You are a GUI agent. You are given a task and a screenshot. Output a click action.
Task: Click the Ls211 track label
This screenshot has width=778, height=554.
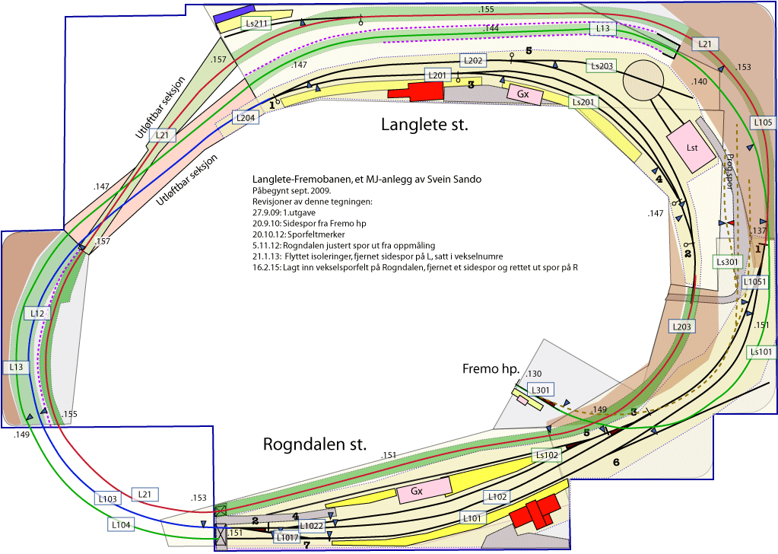256,24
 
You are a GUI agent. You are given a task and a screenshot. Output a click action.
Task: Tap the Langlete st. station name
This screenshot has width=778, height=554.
424,124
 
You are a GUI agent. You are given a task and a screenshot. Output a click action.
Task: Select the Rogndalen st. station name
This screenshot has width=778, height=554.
315,444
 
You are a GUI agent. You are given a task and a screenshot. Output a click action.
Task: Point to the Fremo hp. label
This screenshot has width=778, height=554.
491,369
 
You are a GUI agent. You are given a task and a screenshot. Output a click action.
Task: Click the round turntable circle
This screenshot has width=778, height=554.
644,77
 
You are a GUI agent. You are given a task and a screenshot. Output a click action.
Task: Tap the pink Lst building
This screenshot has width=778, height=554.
691,145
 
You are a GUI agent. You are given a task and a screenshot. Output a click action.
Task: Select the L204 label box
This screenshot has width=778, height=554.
245,118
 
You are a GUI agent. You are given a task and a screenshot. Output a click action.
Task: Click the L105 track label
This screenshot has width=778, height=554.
763,122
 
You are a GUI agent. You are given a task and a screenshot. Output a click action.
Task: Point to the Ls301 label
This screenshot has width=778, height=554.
727,262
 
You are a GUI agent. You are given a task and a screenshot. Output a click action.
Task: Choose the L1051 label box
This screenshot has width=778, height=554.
755,282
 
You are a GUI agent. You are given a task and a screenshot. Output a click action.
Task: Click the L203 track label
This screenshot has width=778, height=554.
682,326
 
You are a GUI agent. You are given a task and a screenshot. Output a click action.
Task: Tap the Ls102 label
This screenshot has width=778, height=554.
547,455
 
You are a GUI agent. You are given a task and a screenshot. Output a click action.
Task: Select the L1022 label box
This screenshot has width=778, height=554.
311,526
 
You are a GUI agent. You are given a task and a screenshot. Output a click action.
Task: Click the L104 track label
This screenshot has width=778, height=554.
121,524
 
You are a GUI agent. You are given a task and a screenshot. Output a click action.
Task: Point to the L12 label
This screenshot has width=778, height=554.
39,314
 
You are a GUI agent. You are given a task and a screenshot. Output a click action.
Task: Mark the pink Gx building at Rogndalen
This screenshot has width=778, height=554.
417,492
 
